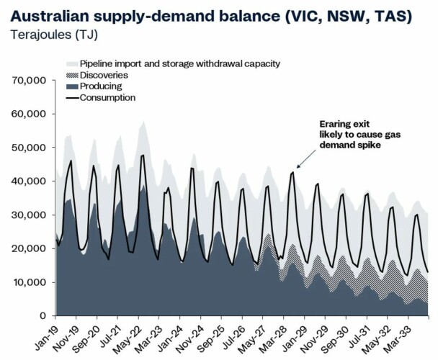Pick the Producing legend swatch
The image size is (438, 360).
click(x=71, y=86)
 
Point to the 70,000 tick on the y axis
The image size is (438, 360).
click(x=31, y=80)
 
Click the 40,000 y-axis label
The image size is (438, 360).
click(x=31, y=181)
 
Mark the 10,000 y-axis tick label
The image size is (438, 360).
click(x=31, y=282)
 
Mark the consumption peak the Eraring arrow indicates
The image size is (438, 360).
click(x=293, y=172)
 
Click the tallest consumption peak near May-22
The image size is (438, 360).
click(x=143, y=155)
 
